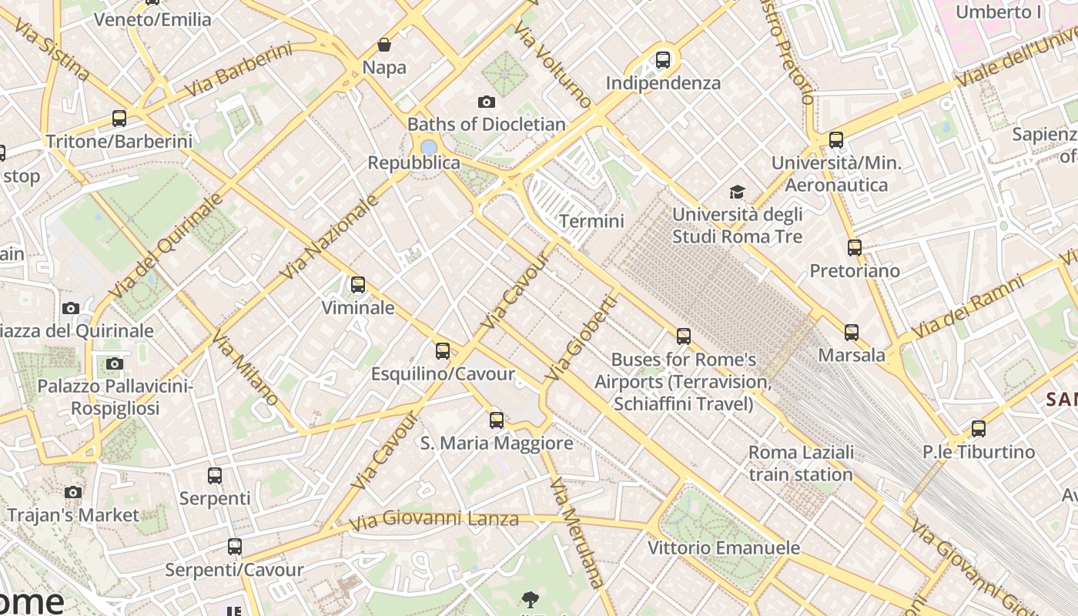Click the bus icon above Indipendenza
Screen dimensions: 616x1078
(x=663, y=60)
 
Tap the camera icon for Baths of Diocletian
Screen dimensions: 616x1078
(x=486, y=102)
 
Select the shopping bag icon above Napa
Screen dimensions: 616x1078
(x=383, y=45)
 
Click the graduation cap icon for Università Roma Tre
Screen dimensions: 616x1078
(x=738, y=192)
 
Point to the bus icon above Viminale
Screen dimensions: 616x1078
(x=357, y=285)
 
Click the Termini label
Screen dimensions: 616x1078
(x=591, y=221)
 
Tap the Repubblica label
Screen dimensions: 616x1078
(x=413, y=162)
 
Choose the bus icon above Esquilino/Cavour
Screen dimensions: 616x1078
(x=443, y=351)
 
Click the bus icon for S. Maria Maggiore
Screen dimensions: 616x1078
(x=497, y=420)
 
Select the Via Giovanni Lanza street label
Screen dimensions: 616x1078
(x=434, y=520)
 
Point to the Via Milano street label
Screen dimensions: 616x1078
(x=245, y=368)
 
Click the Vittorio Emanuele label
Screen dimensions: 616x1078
(x=724, y=548)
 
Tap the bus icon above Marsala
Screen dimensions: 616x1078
(x=851, y=333)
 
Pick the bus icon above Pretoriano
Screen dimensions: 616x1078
(x=855, y=248)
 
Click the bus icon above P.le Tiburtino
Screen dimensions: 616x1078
(x=978, y=429)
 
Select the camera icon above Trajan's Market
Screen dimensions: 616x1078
(x=73, y=492)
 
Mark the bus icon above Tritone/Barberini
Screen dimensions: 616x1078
(x=119, y=119)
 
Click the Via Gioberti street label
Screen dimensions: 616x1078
(x=581, y=338)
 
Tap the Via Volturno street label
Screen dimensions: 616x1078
(x=553, y=65)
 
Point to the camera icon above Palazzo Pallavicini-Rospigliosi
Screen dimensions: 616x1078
(x=115, y=363)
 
